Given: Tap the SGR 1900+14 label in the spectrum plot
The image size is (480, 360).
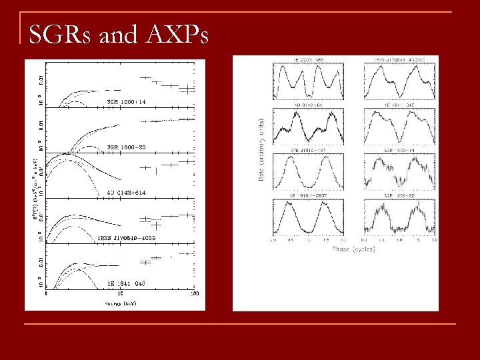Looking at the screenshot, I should point(127,101).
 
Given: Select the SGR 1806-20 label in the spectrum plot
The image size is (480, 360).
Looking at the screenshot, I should point(127,147).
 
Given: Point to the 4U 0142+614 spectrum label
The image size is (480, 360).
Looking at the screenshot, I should point(127,193).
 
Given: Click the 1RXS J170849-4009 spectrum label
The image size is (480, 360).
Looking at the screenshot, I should point(127,237).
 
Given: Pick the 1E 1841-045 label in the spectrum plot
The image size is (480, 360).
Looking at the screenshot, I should point(127,283).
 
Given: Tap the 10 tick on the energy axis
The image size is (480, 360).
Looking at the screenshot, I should point(120,293).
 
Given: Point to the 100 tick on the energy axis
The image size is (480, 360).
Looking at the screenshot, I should point(194,293).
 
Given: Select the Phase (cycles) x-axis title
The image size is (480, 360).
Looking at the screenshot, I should point(353,249).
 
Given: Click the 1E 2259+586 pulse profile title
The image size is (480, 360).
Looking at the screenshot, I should point(307,60).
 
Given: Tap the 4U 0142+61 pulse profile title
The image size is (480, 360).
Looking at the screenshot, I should point(307,105).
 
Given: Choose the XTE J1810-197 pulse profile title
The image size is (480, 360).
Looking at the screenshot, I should point(307,150).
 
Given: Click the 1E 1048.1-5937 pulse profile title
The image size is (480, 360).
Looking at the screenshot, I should point(307,195).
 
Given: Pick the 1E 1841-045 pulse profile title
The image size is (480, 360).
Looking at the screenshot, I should point(399,105).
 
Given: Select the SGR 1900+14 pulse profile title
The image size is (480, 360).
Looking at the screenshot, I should point(399,150).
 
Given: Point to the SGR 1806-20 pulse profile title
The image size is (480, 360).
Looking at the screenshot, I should point(399,195).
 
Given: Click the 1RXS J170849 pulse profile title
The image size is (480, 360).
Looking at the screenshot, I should point(399,60).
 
